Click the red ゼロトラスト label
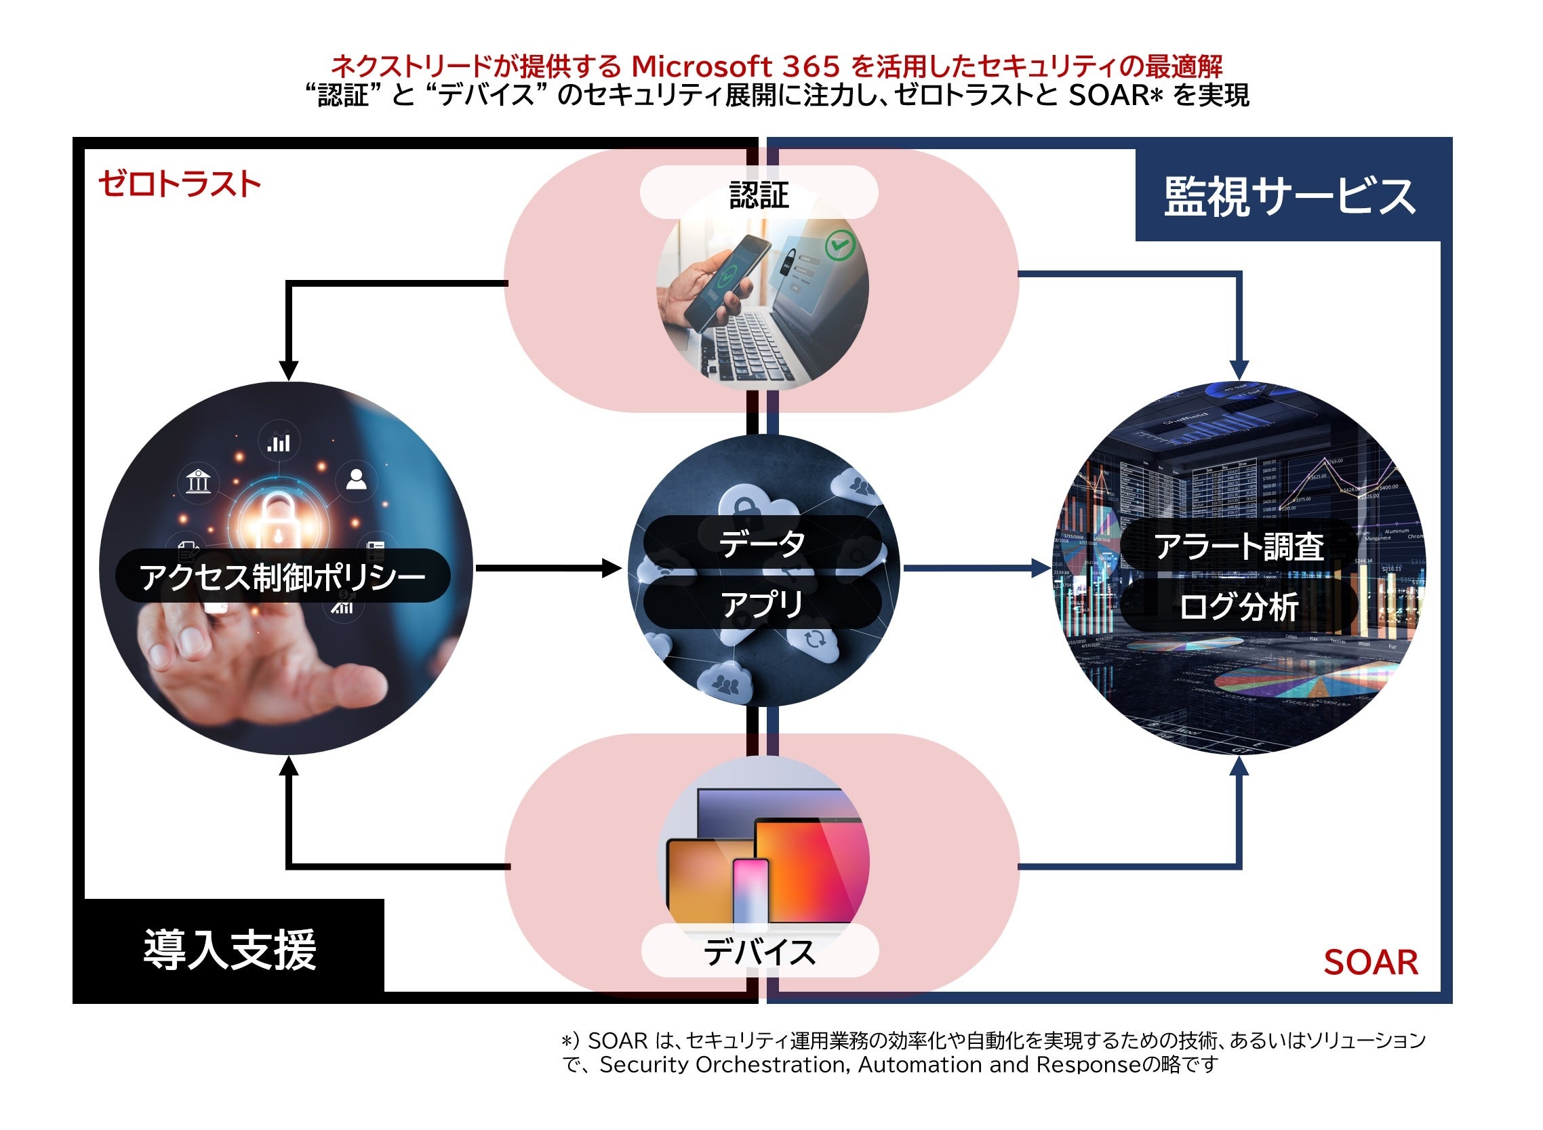(x=179, y=184)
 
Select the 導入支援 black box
(x=229, y=950)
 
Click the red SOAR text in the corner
(x=1370, y=963)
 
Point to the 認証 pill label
(x=759, y=194)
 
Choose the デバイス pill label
(x=759, y=952)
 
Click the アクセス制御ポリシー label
(x=283, y=576)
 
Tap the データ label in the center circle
(x=762, y=544)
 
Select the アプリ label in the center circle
(x=762, y=603)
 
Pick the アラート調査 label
(x=1238, y=546)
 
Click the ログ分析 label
(x=1238, y=606)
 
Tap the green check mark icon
(x=840, y=245)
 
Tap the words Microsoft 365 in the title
(x=736, y=66)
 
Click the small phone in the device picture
(x=750, y=889)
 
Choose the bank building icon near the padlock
(x=199, y=481)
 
